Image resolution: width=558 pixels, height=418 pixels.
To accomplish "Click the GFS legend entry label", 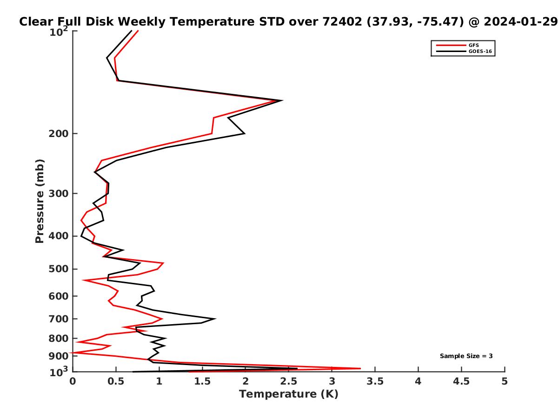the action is coord(473,45).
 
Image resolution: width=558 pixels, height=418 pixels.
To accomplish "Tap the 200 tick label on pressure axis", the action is coord(59,133).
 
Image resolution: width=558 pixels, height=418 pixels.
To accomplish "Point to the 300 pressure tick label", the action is coord(59,194).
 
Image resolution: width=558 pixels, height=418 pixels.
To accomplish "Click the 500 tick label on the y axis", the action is coord(59,269).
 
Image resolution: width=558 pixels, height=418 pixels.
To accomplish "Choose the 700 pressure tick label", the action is coord(59,319).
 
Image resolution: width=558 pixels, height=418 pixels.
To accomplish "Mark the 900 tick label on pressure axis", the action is coord(59,356).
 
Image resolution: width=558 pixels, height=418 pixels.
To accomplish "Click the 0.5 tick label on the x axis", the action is coord(116,381).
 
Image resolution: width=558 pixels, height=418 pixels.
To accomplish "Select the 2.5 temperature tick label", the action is coord(289,381).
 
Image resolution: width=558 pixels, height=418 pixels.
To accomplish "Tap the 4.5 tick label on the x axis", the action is coord(461,381).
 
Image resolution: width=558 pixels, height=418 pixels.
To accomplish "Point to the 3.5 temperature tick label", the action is coord(375,381).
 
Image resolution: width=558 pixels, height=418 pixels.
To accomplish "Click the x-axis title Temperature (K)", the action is coord(289,394).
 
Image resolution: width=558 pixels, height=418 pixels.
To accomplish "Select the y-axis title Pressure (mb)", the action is coord(40,201).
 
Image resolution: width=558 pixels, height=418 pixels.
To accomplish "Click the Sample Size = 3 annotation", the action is coord(466,356).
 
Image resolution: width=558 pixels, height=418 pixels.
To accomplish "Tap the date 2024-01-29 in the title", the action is coord(521,21).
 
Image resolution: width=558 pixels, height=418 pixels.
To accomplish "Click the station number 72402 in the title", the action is coord(342,21).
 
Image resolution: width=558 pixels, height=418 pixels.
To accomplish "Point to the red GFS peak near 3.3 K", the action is coord(360,368).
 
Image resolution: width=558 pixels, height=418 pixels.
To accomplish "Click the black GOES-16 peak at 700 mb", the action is coord(215,319).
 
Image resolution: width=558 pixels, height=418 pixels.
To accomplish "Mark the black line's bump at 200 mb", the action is coord(244,133).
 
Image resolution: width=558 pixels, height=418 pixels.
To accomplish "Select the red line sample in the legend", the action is coord(451,45).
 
